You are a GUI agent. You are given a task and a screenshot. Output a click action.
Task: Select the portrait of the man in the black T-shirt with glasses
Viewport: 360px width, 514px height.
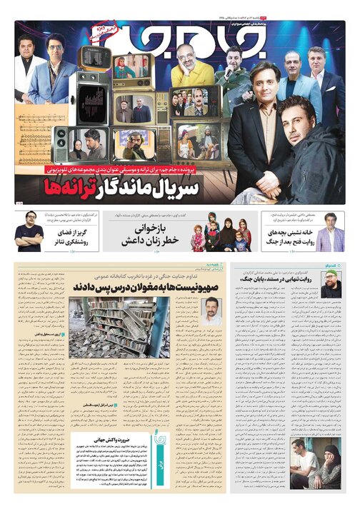click(x=29, y=233)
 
